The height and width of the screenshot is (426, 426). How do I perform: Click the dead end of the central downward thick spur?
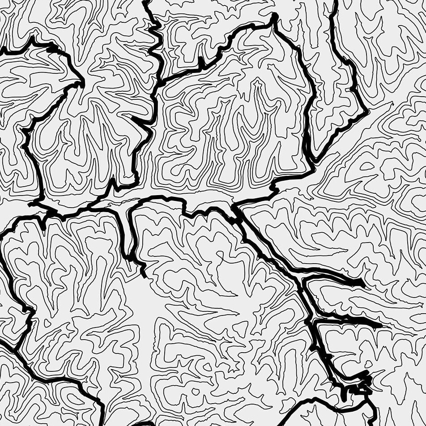143,274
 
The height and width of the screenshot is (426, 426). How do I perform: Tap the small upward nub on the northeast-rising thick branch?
201,63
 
